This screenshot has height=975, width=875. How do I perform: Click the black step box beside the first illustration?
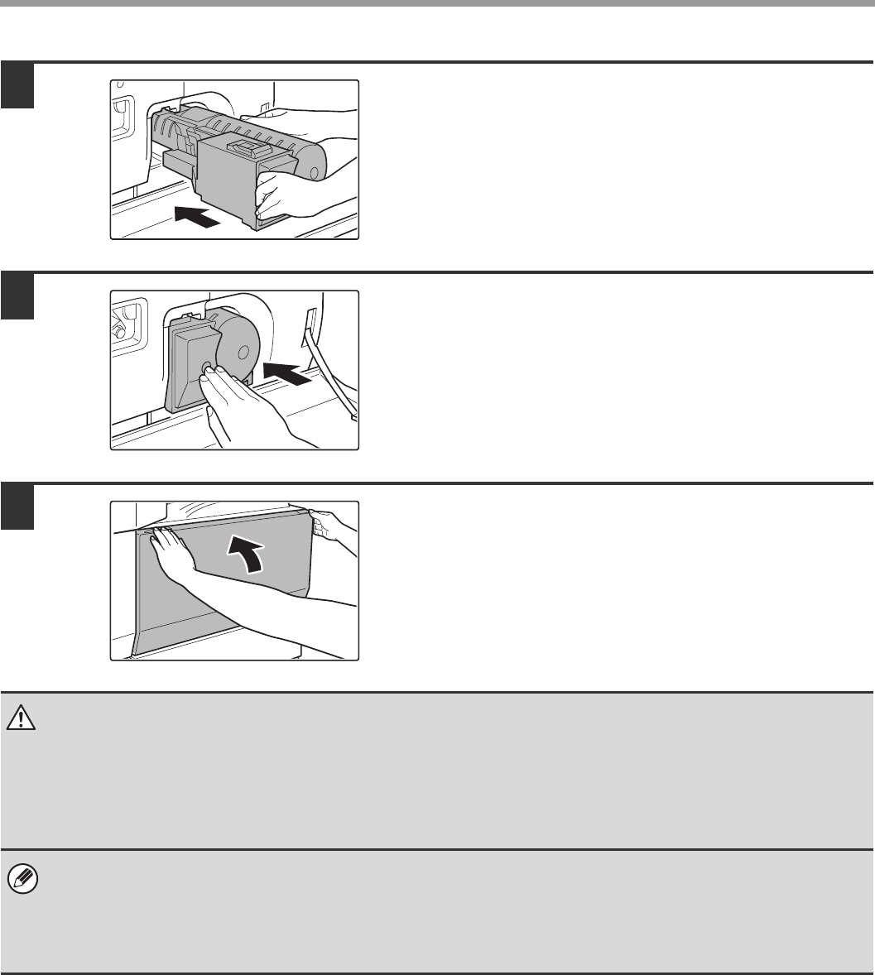(17, 86)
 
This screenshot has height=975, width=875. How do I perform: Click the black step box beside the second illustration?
(17, 296)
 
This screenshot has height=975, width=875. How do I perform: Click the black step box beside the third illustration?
(17, 507)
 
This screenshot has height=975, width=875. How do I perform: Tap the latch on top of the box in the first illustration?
(252, 149)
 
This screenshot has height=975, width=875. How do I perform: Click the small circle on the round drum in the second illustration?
(240, 350)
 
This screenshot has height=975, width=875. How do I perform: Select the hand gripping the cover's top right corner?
(331, 526)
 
